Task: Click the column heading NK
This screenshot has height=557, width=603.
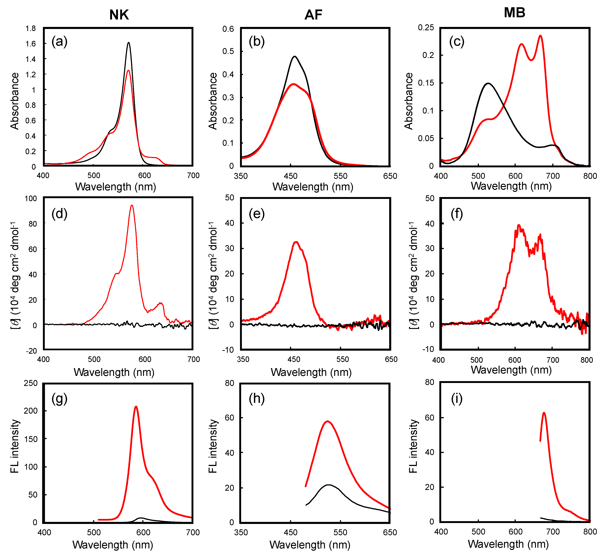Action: coord(119,15)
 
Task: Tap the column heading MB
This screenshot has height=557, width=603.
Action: coord(514,13)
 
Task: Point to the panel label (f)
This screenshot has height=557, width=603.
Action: coord(457,214)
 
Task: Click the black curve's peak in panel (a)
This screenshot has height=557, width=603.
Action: coord(129,43)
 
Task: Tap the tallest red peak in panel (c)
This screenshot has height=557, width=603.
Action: coord(540,35)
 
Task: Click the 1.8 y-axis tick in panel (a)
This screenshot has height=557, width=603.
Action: coord(30,29)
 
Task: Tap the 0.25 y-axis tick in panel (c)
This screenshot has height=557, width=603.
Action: coord(426,28)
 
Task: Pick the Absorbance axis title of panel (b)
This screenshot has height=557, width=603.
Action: coord(213,101)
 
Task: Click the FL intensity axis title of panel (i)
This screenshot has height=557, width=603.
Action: coord(413,446)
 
